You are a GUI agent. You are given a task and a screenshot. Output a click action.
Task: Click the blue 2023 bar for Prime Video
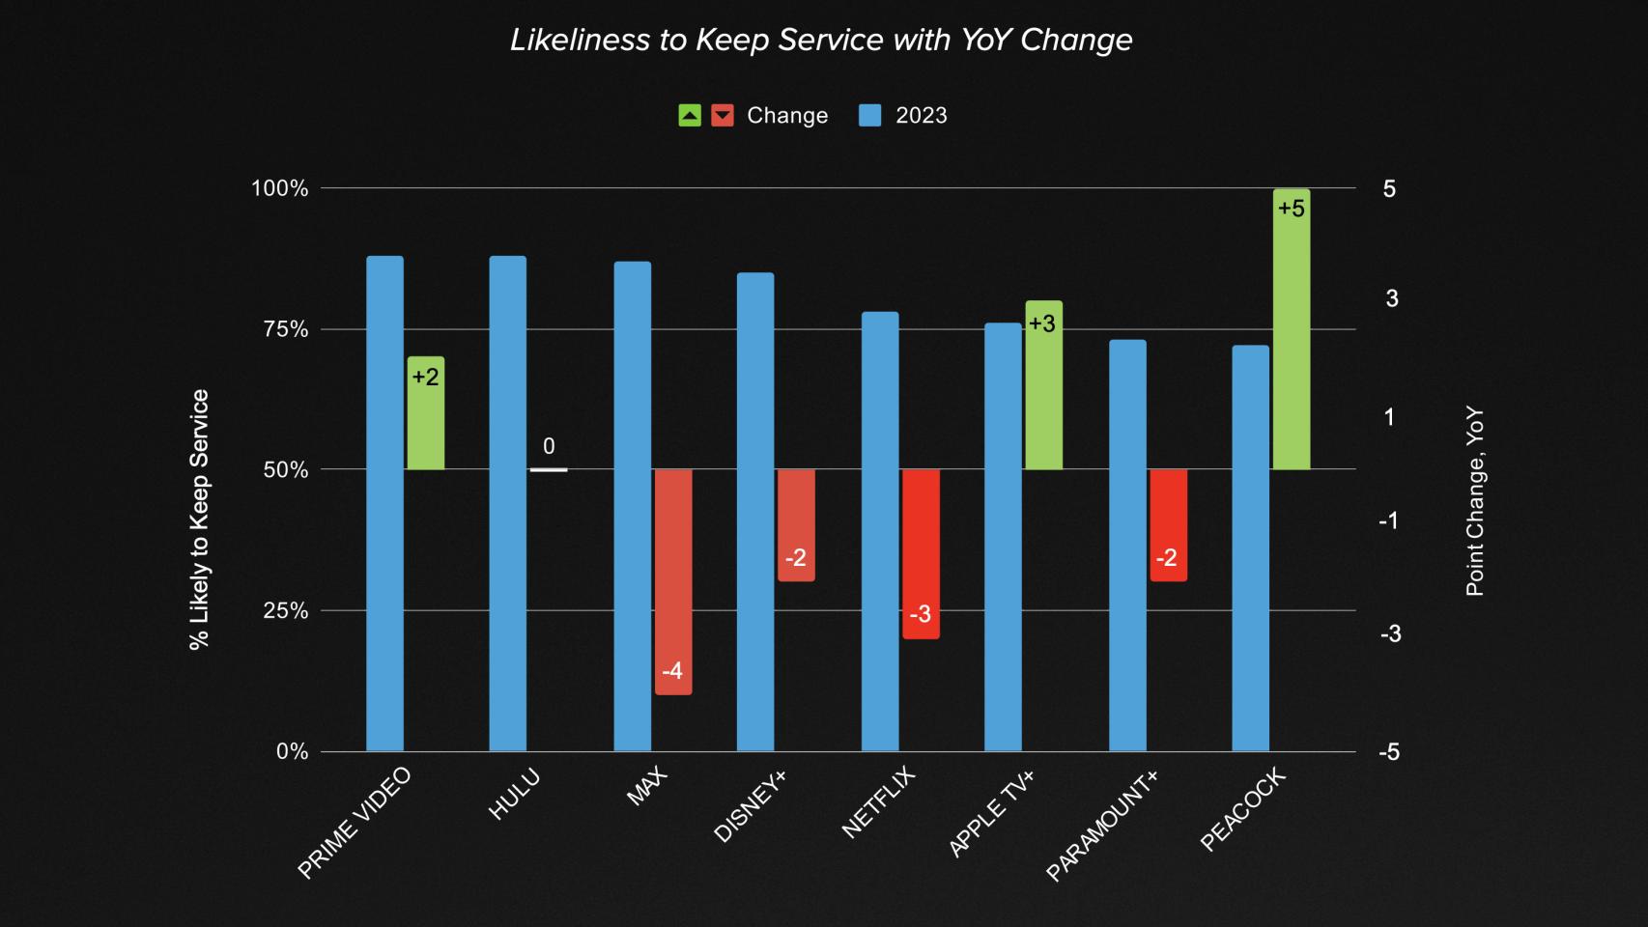(384, 502)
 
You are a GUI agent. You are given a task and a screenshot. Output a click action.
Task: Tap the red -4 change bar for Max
(673, 579)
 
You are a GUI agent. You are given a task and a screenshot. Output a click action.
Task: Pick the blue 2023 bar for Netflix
(879, 531)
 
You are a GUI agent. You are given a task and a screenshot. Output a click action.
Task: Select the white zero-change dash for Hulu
(549, 470)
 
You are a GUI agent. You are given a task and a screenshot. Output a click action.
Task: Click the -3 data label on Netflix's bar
(921, 614)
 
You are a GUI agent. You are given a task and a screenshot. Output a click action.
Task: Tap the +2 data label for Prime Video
(425, 377)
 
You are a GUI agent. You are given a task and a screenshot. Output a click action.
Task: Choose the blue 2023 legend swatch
(869, 116)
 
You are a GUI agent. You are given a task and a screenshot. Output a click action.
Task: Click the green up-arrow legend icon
(690, 116)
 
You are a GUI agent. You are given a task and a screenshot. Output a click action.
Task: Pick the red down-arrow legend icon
(723, 116)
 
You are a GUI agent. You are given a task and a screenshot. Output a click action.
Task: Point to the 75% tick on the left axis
(286, 329)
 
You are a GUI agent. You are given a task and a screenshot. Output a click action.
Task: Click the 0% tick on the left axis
(292, 751)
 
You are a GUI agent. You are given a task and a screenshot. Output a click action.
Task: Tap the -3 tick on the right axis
(1389, 633)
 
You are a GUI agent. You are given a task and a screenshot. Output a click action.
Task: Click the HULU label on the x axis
(514, 795)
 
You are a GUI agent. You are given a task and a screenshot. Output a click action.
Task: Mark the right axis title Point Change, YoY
(1475, 502)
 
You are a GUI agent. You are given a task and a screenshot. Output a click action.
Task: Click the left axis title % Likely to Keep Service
(200, 520)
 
